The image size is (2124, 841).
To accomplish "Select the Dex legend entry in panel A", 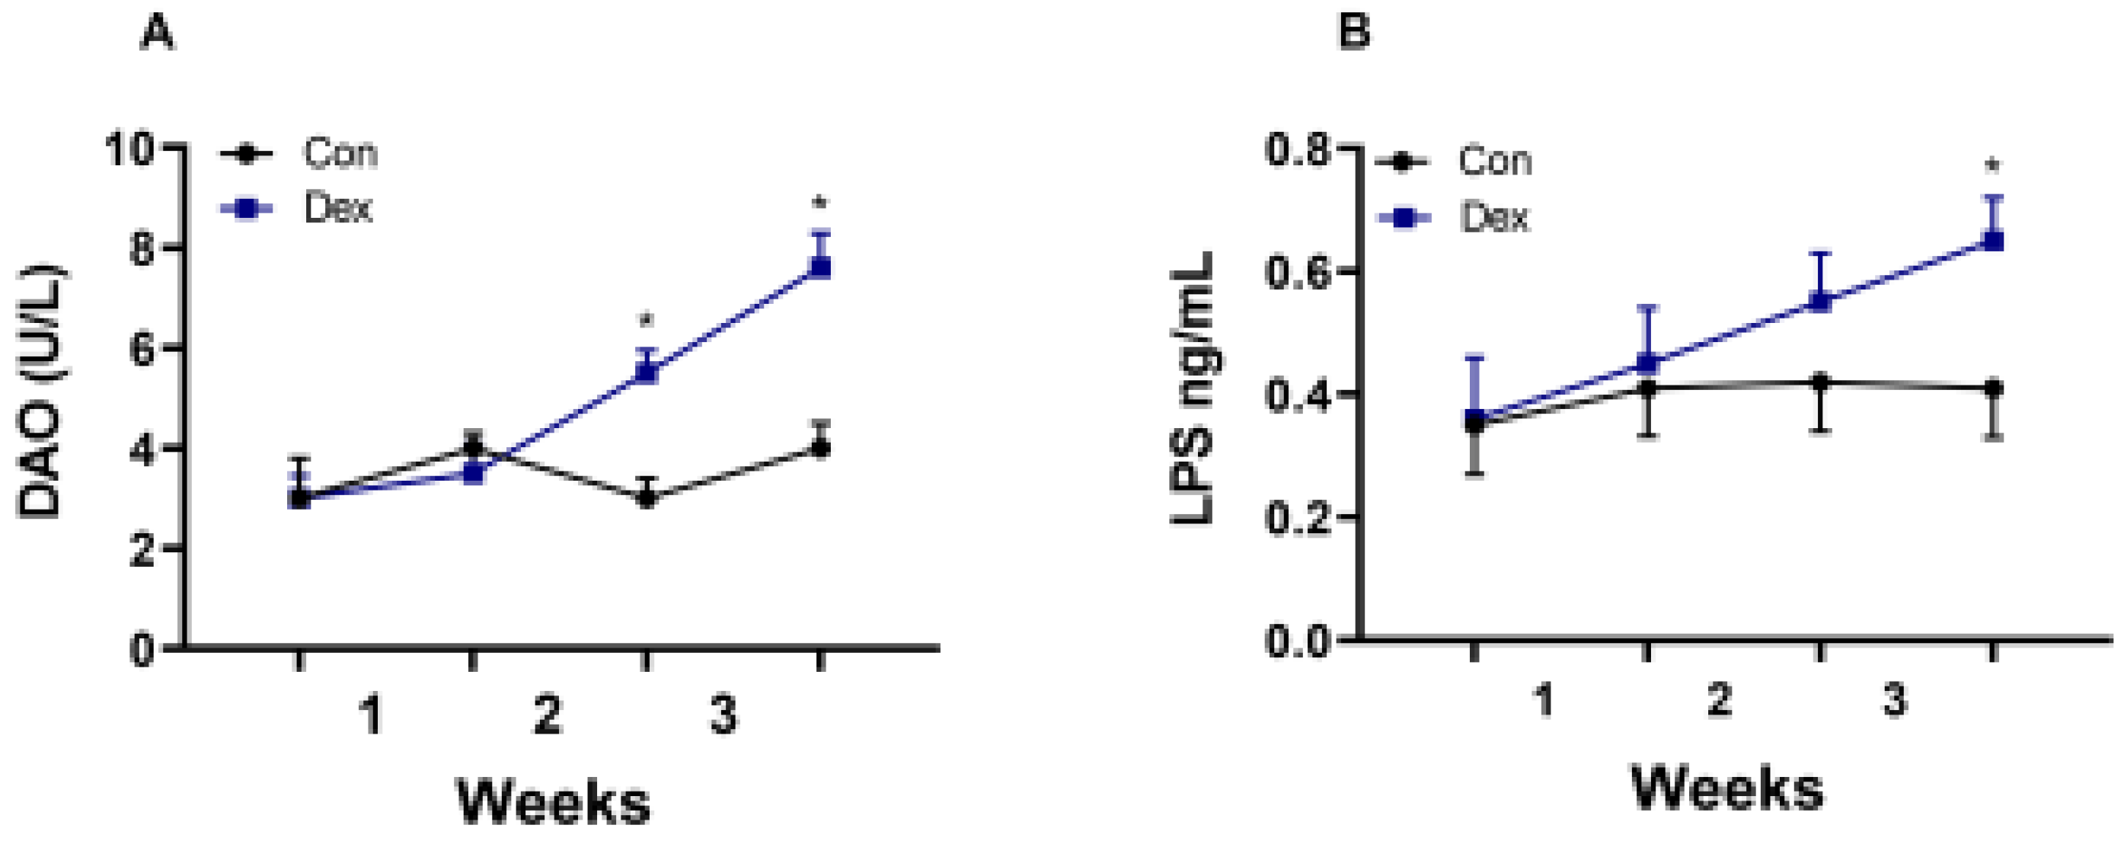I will (337, 209).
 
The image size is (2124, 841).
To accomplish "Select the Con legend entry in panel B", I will (1494, 161).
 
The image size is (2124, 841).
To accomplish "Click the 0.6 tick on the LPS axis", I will (1296, 272).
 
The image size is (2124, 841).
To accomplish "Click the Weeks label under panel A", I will (554, 801).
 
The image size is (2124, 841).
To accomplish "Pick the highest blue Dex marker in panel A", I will (821, 267).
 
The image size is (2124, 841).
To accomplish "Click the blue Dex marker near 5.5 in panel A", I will (647, 373).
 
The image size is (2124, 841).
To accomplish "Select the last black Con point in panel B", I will (1993, 388).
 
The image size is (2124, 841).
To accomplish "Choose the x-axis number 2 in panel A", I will (548, 715).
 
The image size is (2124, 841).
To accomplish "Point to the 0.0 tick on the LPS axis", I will (1296, 641).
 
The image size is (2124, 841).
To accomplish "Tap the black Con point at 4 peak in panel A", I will (472, 448).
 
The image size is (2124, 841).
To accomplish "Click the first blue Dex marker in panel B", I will (1475, 418).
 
